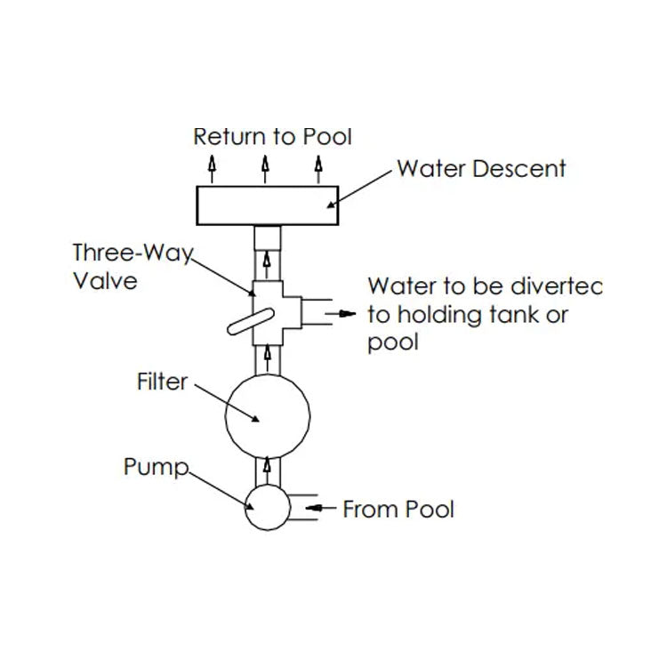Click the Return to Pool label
click(273, 136)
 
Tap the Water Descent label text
click(481, 168)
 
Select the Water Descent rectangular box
click(267, 207)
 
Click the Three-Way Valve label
click(133, 266)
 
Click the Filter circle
click(267, 415)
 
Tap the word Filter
click(163, 382)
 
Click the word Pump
click(156, 467)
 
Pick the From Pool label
click(398, 510)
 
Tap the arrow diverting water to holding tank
click(342, 314)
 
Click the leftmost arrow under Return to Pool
click(212, 167)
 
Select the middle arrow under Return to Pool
click(266, 167)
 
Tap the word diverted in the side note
click(556, 287)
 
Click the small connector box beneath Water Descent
click(267, 237)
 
